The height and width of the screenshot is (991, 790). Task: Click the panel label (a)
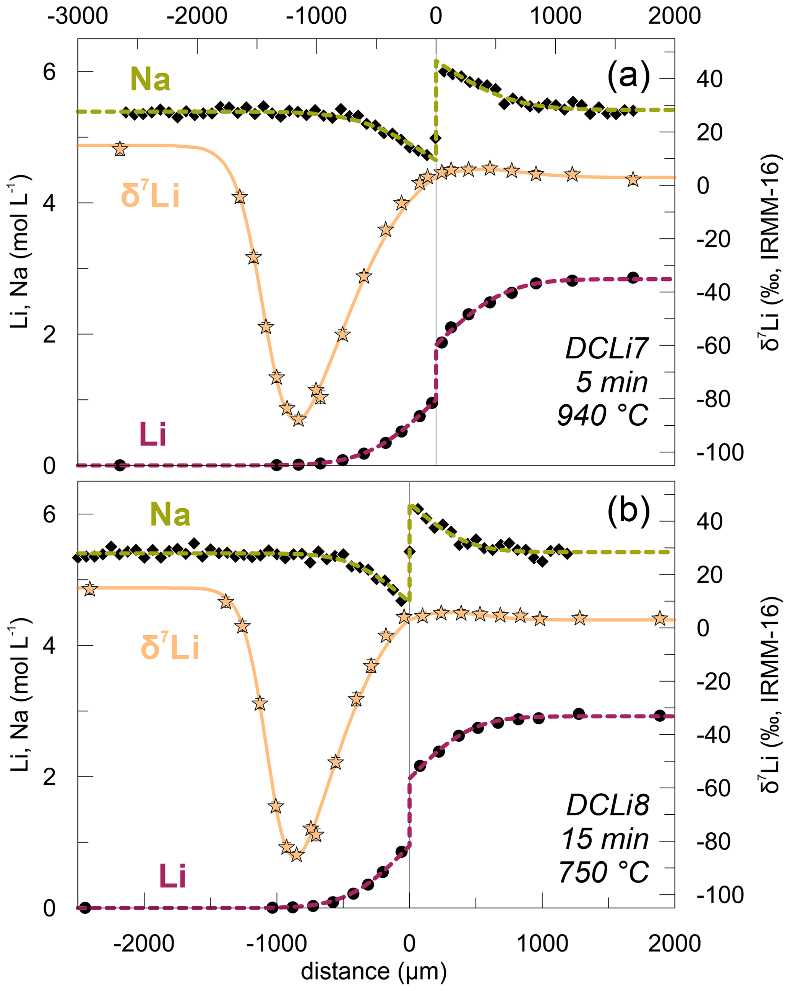[x=628, y=75]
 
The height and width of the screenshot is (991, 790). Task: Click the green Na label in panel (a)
[x=150, y=79]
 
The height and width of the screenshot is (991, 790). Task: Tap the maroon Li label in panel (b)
[x=172, y=875]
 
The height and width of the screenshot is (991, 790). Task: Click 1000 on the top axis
[x=556, y=16]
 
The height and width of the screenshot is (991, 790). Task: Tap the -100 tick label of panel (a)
[x=720, y=453]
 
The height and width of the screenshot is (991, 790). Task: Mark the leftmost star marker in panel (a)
[x=120, y=149]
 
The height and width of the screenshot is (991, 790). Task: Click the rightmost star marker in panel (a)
[x=633, y=179]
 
